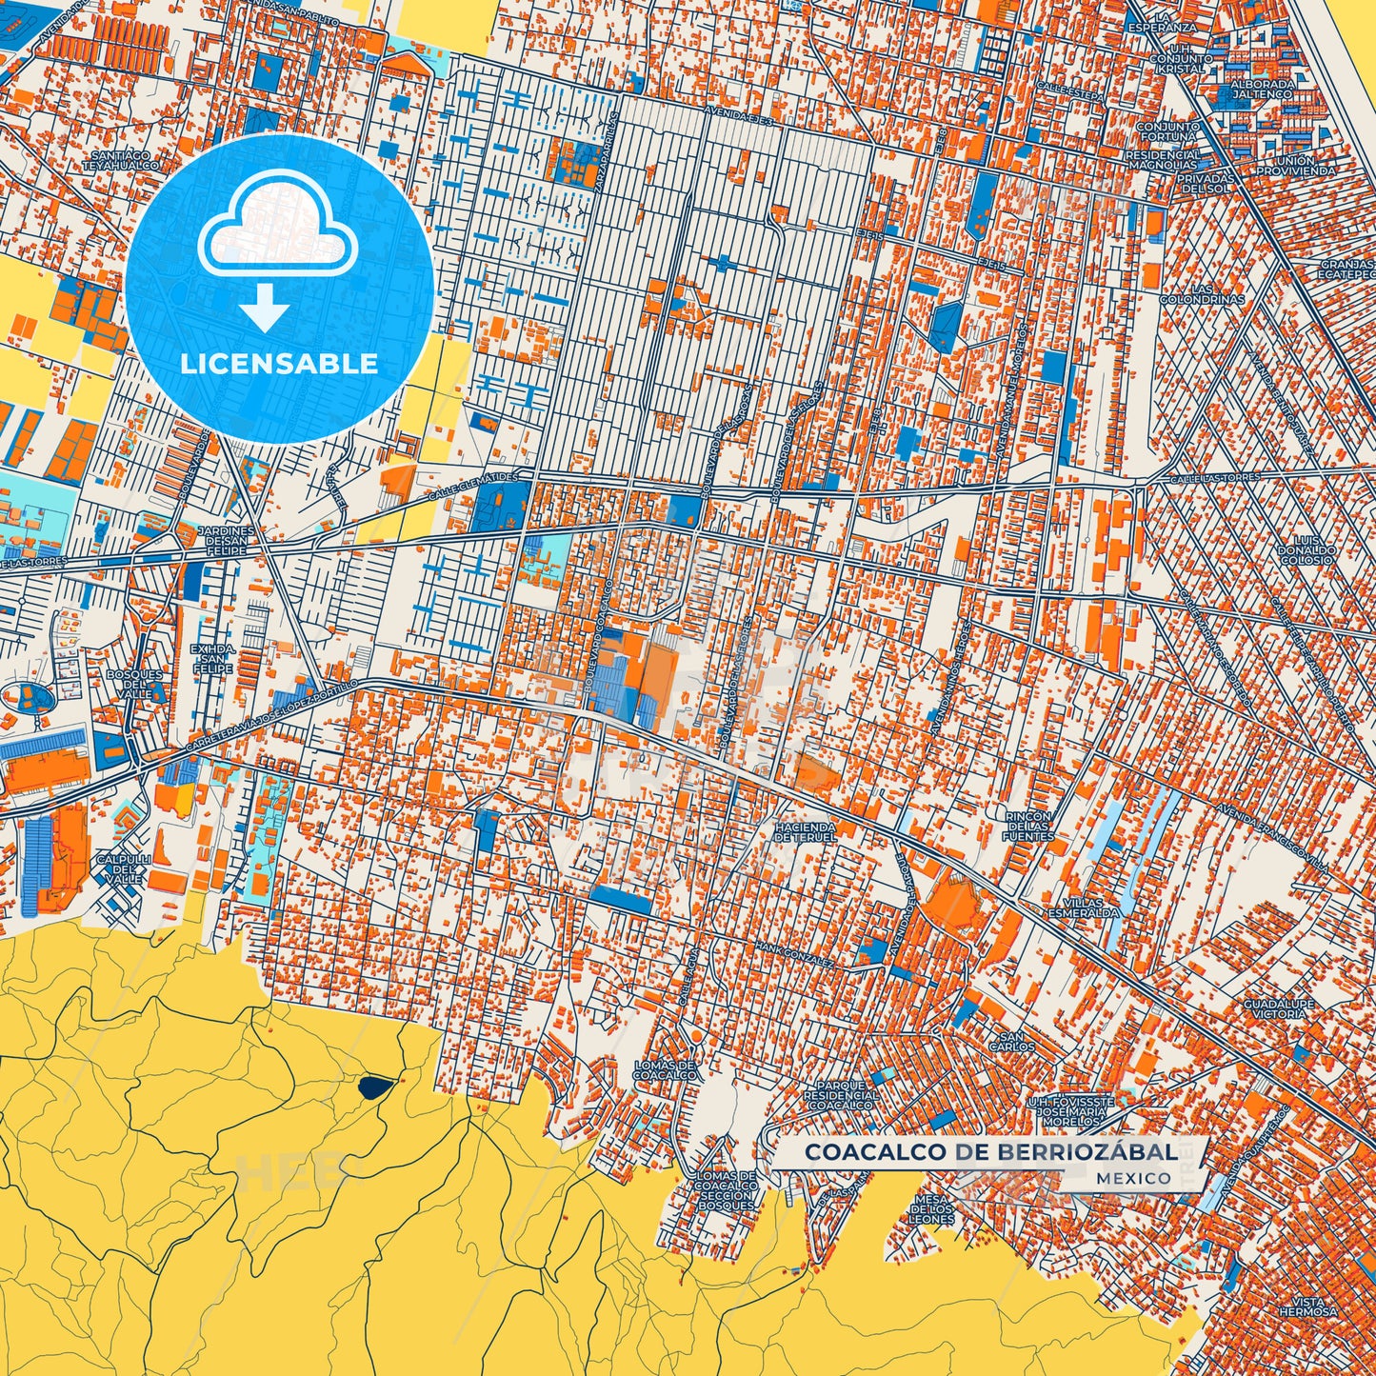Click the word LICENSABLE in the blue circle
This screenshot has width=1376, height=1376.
tap(279, 364)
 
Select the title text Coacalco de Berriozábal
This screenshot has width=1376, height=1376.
tap(990, 1152)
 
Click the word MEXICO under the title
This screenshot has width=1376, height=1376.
tap(1133, 1178)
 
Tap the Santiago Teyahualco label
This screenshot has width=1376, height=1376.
tap(122, 160)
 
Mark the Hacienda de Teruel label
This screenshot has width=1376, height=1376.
tap(805, 832)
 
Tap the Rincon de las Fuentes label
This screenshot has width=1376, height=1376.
tap(1029, 826)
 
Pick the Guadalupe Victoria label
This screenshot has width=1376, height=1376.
tap(1278, 1009)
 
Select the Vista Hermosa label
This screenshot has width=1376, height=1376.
tap(1313, 1306)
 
